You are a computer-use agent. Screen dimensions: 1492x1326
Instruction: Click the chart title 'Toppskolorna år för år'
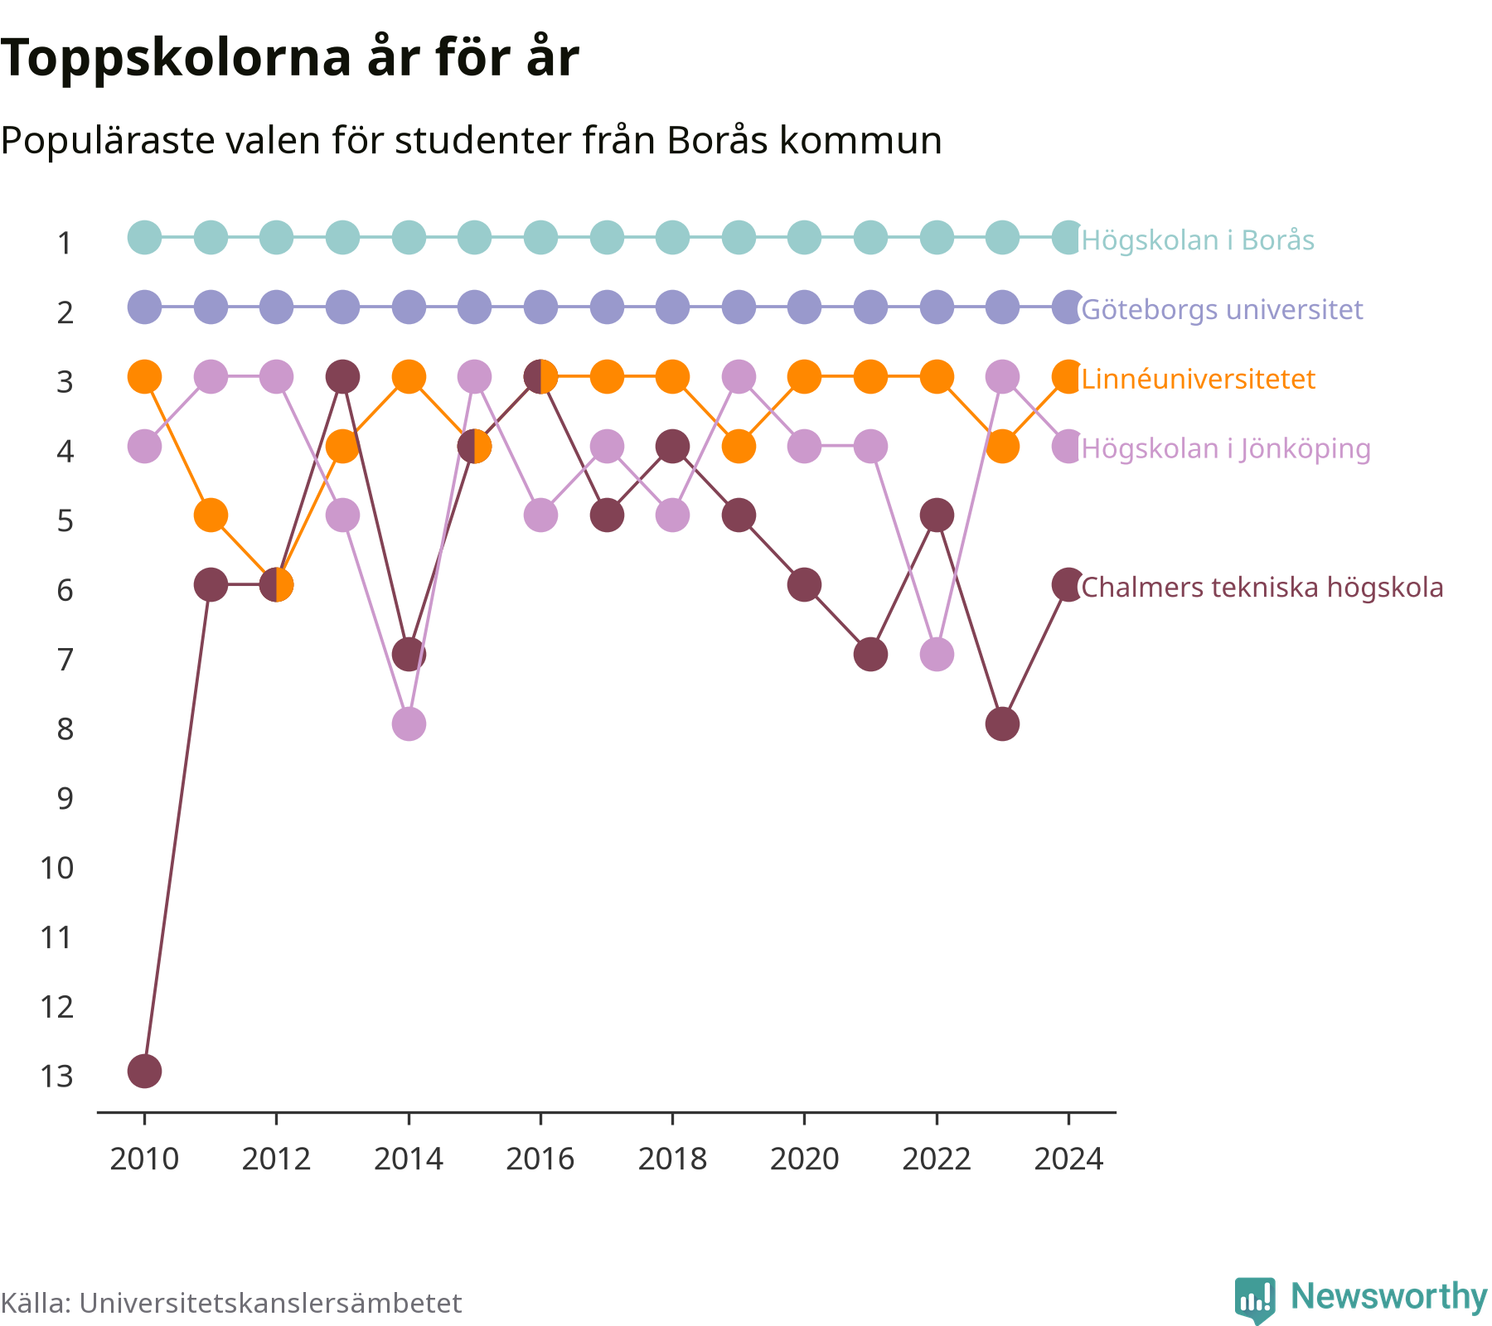coord(289,59)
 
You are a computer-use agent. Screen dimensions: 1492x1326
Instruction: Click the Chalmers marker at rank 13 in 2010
coord(144,1071)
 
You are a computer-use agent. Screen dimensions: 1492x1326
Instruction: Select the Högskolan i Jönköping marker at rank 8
coord(409,723)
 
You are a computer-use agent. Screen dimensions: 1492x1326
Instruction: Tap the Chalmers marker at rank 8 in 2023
coord(1002,723)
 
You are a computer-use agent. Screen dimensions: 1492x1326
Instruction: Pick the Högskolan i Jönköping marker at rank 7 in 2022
coord(937,655)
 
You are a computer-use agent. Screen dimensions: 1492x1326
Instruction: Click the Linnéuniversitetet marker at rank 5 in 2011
coord(211,515)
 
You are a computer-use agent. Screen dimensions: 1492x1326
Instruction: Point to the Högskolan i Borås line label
coord(1198,240)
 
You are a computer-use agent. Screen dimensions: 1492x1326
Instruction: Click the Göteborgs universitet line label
coord(1222,310)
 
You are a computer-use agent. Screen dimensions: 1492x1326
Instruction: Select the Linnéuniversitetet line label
coord(1198,380)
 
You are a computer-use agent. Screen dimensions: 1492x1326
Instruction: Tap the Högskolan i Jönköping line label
coord(1226,449)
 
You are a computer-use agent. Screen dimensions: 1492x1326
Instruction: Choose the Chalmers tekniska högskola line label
coord(1262,588)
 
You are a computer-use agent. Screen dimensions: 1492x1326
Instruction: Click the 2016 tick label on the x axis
coord(540,1159)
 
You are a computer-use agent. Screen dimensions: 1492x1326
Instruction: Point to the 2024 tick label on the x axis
coord(1068,1159)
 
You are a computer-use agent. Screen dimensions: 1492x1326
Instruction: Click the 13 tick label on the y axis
coord(56,1077)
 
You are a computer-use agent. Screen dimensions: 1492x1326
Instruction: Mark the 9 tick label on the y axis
coord(65,799)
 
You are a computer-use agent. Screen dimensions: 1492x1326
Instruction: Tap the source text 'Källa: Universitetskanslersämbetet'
coord(230,1303)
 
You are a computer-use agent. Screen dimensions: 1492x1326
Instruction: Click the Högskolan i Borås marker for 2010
coord(144,238)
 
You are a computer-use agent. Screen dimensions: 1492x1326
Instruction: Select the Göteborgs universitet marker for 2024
coord(1068,307)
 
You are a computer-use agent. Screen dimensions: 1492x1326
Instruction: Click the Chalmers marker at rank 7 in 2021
coord(870,655)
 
